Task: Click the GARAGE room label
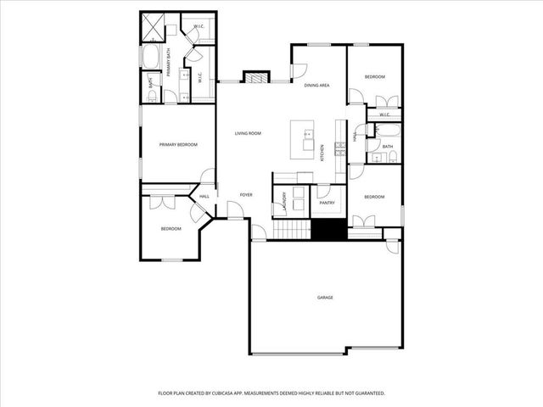324,298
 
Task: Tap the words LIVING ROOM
249,133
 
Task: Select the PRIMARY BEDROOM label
178,145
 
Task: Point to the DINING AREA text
316,86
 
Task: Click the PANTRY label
327,203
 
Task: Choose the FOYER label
246,195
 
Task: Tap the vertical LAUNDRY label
284,201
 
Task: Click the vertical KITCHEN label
322,153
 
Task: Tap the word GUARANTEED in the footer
368,393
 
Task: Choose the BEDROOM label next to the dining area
375,77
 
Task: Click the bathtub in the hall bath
389,130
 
